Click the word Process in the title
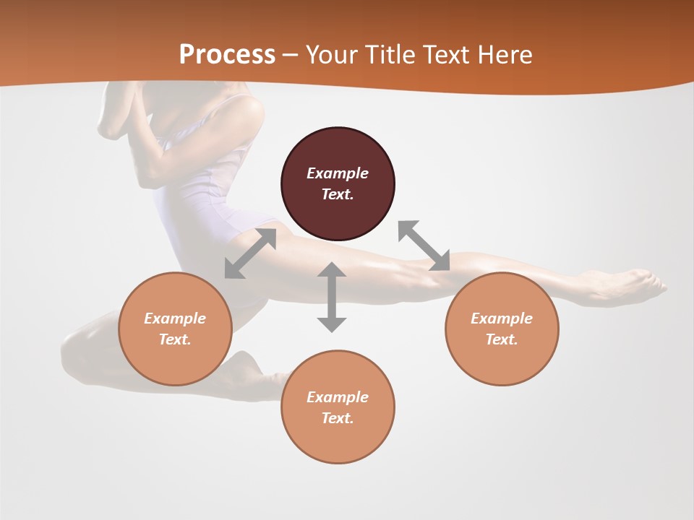227,55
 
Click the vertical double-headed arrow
332,297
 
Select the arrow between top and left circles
250,253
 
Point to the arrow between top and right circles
424,246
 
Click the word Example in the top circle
338,173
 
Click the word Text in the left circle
175,339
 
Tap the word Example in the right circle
502,318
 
